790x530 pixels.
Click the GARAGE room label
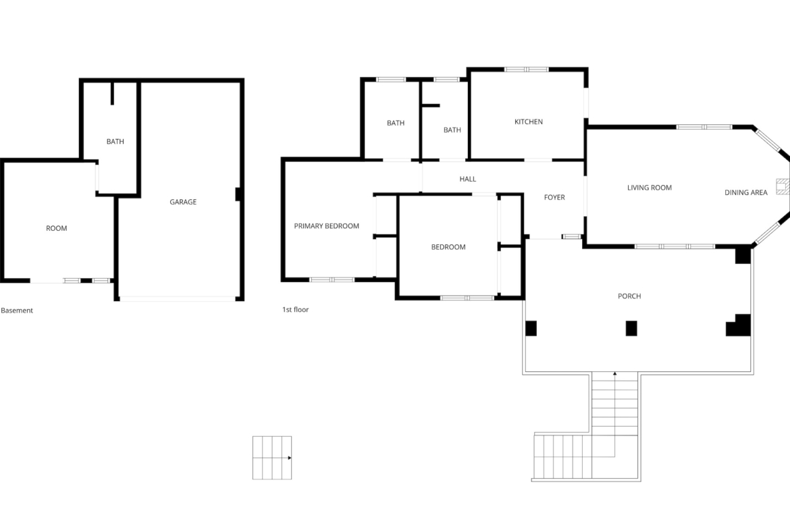coord(183,202)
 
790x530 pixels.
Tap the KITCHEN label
coord(529,122)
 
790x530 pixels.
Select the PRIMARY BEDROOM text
coord(327,226)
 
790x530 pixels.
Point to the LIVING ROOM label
coord(650,188)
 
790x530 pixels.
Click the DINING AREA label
coord(745,192)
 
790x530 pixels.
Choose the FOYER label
coord(554,198)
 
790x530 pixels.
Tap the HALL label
coord(467,179)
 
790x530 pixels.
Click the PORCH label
coord(629,296)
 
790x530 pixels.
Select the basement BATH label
coord(115,142)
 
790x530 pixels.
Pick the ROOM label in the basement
coord(57,228)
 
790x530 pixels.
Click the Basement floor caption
coord(17,311)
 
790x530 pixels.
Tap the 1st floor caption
coord(295,309)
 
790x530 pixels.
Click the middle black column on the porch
coord(631,329)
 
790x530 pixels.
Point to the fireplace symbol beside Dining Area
coord(783,186)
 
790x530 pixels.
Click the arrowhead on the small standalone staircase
coord(290,458)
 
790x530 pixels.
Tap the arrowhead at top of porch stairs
coord(614,374)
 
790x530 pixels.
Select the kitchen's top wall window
coord(527,70)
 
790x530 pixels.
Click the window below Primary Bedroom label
coord(332,280)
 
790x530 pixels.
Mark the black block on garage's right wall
coord(238,194)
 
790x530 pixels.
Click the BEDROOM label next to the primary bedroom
coord(448,247)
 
